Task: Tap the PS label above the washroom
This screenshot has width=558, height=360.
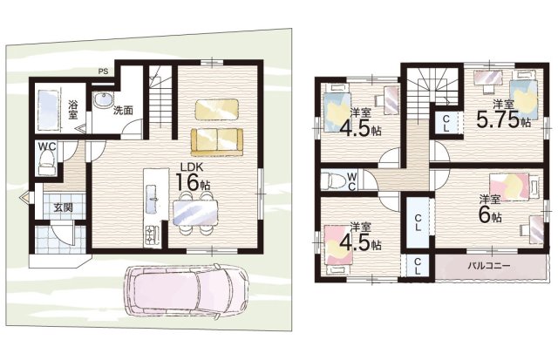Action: coord(103,71)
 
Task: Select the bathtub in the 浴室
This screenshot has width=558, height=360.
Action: coord(48,111)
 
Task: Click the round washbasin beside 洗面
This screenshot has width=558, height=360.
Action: coord(103,100)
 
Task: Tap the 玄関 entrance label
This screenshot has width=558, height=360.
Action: coord(64,207)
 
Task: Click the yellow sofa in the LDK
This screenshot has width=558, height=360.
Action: coord(217,142)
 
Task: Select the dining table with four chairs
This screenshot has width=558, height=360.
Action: coord(195,213)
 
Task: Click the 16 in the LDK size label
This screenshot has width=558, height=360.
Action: coord(187,182)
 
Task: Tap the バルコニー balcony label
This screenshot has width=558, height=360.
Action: coord(489,266)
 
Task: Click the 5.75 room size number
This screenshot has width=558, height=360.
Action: coord(498,120)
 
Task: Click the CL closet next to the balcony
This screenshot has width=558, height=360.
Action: coord(418,266)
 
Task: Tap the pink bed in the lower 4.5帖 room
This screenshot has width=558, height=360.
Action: coord(338,249)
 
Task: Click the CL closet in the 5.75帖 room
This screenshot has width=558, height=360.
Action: coord(446,124)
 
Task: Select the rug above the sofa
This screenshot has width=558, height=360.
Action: coord(217,109)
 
